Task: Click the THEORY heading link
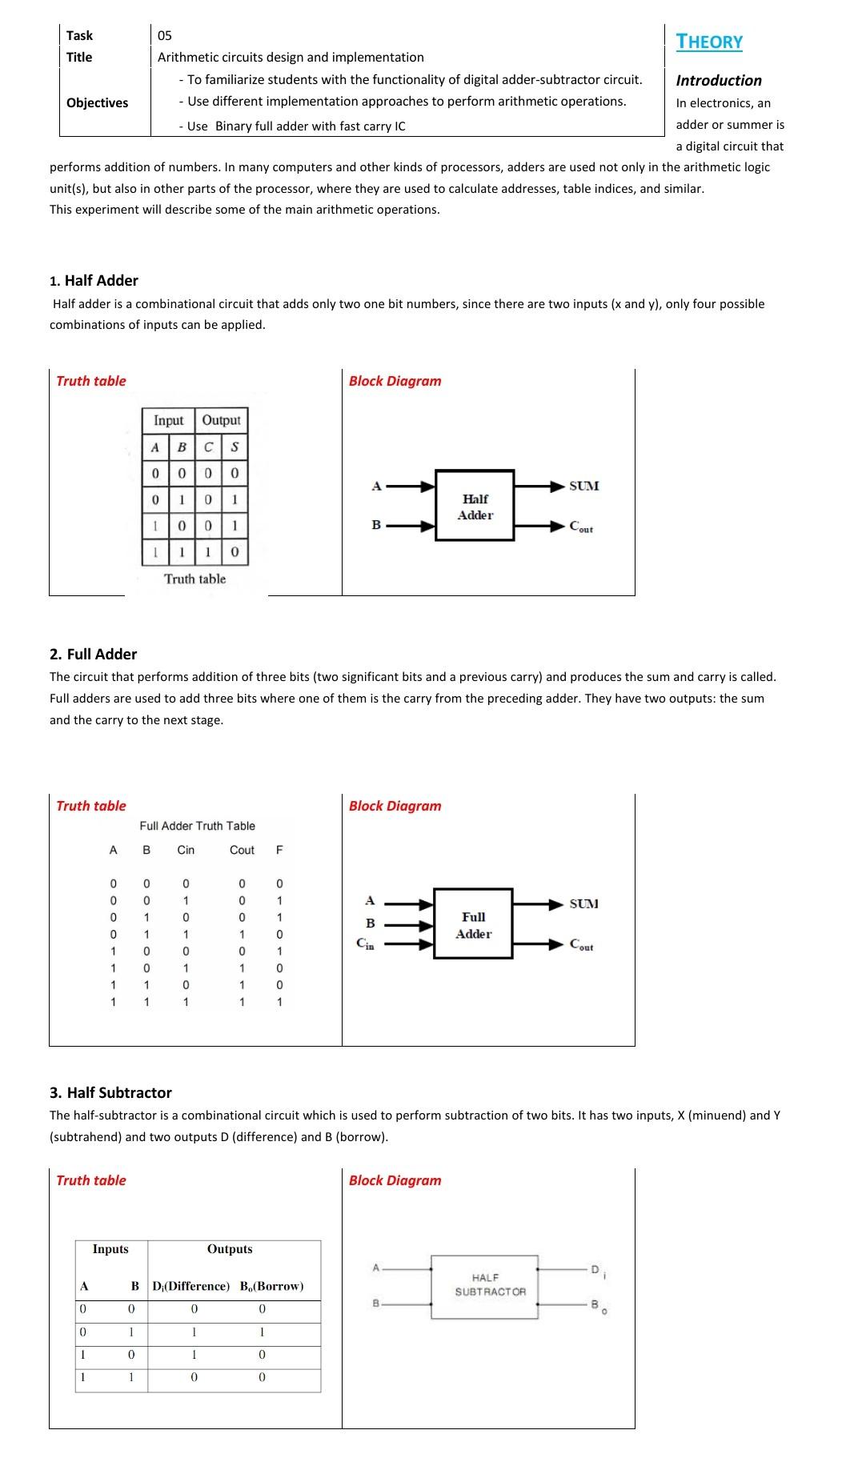click(709, 42)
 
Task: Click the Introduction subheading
click(718, 80)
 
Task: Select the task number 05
click(164, 35)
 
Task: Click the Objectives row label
click(97, 102)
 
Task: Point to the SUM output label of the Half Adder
click(583, 486)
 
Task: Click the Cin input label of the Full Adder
click(365, 943)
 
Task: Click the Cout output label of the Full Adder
click(582, 945)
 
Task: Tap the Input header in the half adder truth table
click(168, 420)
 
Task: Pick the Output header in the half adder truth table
click(221, 420)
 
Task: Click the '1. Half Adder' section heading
click(94, 280)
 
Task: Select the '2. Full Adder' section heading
click(93, 654)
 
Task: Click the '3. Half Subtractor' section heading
click(110, 1092)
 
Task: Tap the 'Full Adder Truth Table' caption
click(197, 826)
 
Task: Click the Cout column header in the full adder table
click(242, 850)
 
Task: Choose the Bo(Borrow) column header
click(271, 1286)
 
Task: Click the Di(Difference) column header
click(190, 1286)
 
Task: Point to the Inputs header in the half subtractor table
click(110, 1249)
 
